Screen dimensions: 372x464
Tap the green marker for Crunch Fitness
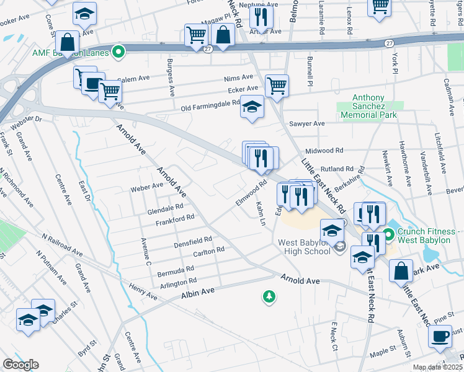389,235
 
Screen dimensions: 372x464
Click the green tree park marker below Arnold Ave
269,298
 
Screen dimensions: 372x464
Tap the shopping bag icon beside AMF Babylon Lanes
67,43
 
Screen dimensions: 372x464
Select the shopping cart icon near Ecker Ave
277,86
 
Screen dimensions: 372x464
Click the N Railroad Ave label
62,244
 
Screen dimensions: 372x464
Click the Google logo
21,365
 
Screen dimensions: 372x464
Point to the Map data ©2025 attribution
437,368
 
